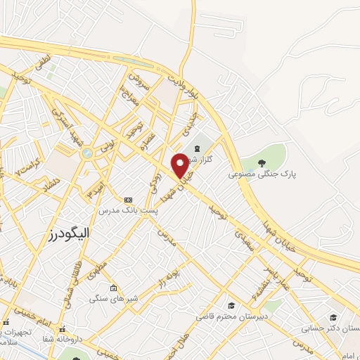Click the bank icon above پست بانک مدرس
tap(127, 200)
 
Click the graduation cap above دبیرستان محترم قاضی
tap(231, 305)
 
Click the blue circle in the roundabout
tap(86, 153)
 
